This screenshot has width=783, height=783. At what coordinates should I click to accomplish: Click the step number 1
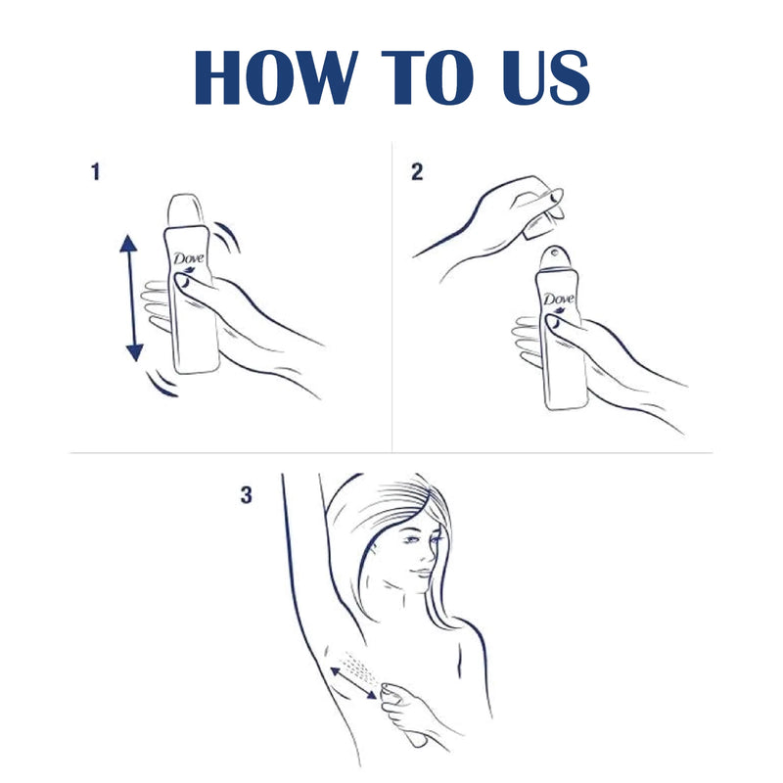[x=95, y=173]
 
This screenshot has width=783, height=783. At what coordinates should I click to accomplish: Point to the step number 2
[x=417, y=173]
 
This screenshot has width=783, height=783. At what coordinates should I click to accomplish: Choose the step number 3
[x=246, y=496]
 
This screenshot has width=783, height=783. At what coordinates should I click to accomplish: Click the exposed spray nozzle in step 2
[x=555, y=255]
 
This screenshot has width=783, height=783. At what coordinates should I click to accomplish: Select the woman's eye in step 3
[x=414, y=541]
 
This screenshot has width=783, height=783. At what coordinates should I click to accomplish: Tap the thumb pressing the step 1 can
[x=183, y=283]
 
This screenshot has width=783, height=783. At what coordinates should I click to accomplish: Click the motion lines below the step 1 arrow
[x=161, y=385]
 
